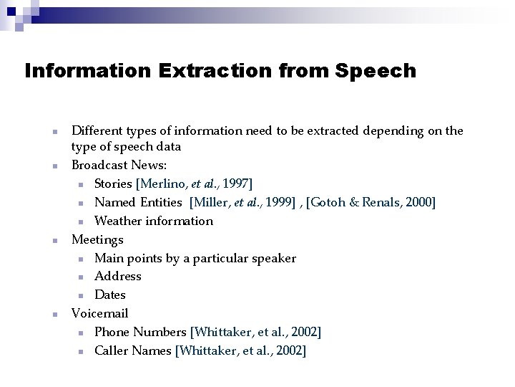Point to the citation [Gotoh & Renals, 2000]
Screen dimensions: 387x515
point(371,203)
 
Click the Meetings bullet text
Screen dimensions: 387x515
point(97,239)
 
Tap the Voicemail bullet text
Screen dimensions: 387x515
point(100,313)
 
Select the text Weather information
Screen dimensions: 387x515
point(154,221)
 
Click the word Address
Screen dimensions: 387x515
point(118,276)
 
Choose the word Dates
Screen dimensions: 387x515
point(110,295)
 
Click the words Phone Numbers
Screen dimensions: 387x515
point(141,332)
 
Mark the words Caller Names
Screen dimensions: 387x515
point(133,350)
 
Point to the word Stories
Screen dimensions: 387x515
point(114,184)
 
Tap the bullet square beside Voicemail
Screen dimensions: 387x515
point(54,314)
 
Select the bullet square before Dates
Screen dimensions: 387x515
point(81,295)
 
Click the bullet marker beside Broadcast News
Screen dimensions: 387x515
point(54,166)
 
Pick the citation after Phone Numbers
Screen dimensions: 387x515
point(256,332)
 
